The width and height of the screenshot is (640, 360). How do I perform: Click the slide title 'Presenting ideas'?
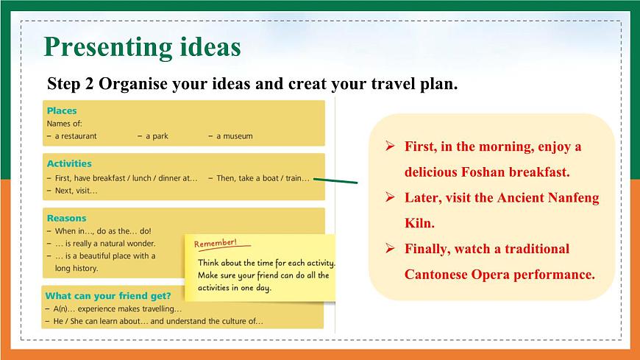[x=142, y=46]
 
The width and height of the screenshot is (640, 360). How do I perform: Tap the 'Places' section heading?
[x=62, y=110]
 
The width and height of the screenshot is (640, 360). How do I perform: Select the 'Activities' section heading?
[x=69, y=163]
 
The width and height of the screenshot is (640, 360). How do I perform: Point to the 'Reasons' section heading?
[x=66, y=218]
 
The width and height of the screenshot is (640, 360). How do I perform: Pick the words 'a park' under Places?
[x=157, y=135]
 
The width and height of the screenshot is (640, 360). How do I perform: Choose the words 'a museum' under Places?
[x=233, y=135]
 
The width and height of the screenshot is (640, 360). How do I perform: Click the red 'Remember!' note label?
[x=215, y=243]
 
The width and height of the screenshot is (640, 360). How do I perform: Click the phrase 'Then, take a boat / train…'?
[x=259, y=178]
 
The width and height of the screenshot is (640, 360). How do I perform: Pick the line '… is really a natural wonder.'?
[x=101, y=243]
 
